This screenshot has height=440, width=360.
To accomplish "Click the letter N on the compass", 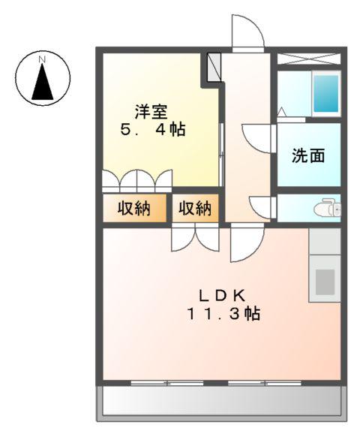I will (43, 58).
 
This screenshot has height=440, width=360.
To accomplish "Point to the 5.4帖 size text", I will (153, 130).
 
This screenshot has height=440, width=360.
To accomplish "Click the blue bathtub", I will (325, 92).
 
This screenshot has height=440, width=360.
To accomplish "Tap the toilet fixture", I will (328, 208).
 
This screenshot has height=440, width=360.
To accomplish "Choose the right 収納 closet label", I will (194, 209).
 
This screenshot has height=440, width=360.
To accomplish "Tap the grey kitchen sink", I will (325, 280).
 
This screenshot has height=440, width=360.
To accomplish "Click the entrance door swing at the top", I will (247, 32).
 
